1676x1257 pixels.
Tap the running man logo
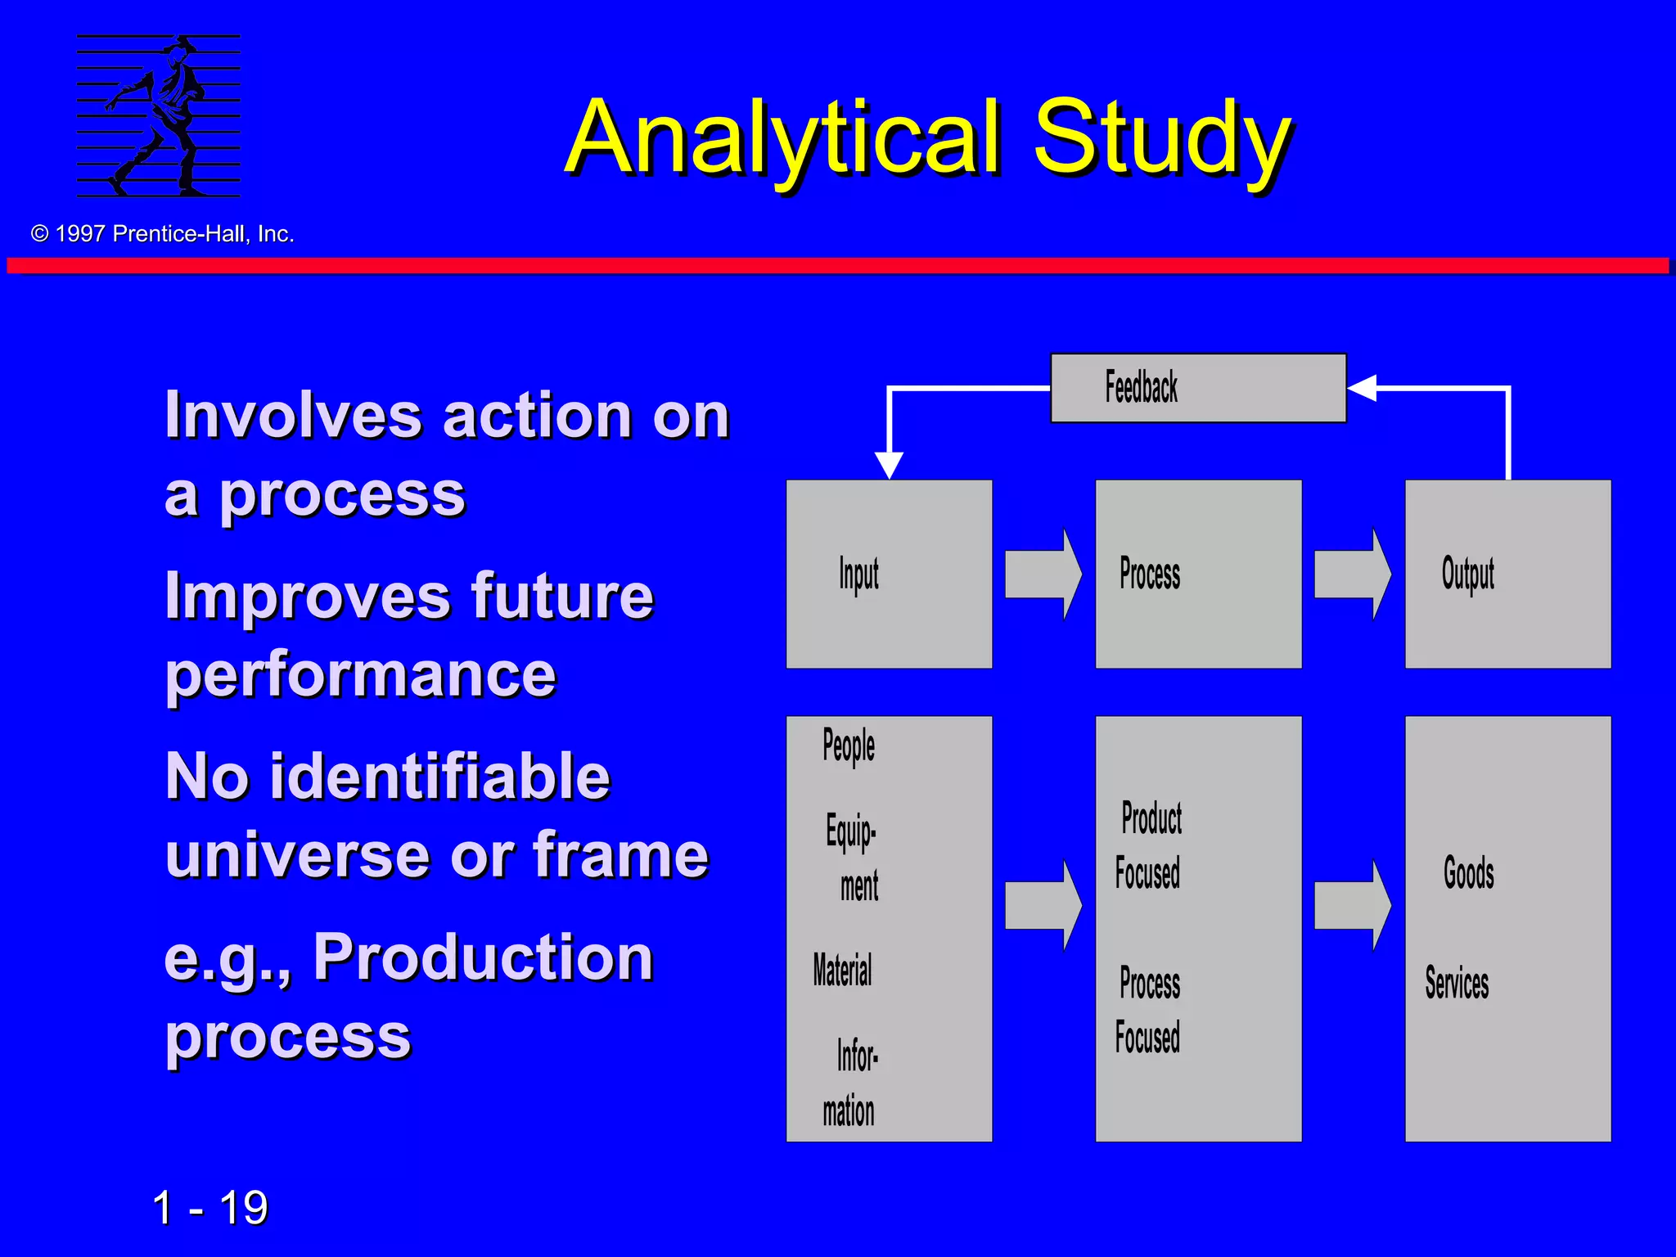coord(159,115)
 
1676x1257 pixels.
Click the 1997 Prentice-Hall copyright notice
coord(163,234)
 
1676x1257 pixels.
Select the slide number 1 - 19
coord(210,1208)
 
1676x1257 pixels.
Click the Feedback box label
coord(1141,387)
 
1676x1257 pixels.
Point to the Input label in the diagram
coord(858,574)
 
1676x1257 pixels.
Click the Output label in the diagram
coord(1467,574)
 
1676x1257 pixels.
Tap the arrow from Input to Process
coord(1043,574)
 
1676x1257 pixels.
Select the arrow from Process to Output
coord(1352,574)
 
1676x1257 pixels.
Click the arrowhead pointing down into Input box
coord(889,465)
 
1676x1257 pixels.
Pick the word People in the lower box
coord(849,746)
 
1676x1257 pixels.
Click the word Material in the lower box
coord(842,971)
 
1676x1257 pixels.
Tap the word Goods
coord(1468,872)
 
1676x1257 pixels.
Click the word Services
coord(1457,983)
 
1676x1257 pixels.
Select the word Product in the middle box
coord(1151,818)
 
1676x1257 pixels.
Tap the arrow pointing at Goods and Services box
coord(1352,905)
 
